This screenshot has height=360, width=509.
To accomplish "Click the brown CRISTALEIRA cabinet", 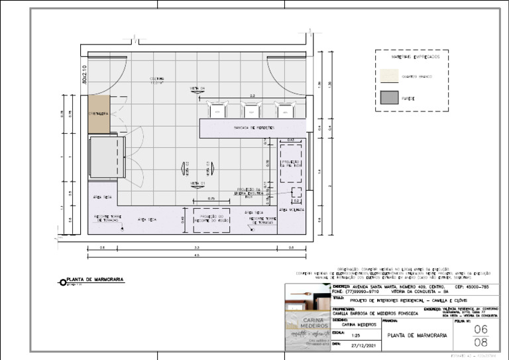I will pos(99,114).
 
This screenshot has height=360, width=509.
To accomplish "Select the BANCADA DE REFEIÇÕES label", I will pos(253,127).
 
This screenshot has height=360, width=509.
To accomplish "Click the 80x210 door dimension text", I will pos(84,74).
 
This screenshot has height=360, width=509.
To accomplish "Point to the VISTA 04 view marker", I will pos(198,88).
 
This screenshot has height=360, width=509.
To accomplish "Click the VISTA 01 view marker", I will pos(198,183).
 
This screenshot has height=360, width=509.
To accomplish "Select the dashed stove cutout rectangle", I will pos(211,220).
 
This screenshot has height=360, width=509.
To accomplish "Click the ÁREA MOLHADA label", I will pos(292,210).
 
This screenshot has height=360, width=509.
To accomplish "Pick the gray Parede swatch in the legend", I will pos(386,98).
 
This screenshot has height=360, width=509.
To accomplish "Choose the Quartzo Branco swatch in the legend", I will pos(386,77).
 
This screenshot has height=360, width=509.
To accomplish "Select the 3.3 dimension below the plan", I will pos(197,247).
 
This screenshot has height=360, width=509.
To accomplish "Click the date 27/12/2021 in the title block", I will pos(363,345).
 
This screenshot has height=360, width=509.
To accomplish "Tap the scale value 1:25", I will pos(356,335).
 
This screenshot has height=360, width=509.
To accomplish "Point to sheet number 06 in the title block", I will pos(481,330).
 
